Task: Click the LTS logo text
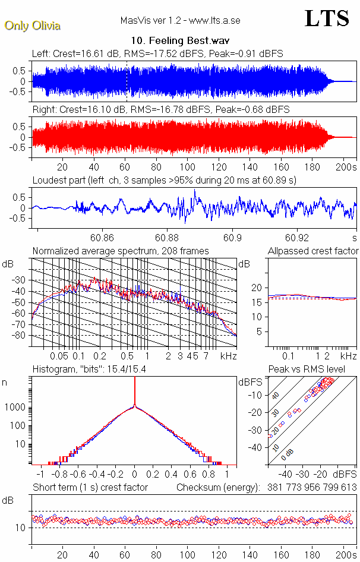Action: pos(326,18)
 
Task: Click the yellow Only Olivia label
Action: pos(33,26)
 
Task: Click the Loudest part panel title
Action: pos(164,179)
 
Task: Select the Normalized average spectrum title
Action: pos(120,251)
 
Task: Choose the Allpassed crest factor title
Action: pos(313,251)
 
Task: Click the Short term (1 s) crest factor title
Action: pos(90,487)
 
